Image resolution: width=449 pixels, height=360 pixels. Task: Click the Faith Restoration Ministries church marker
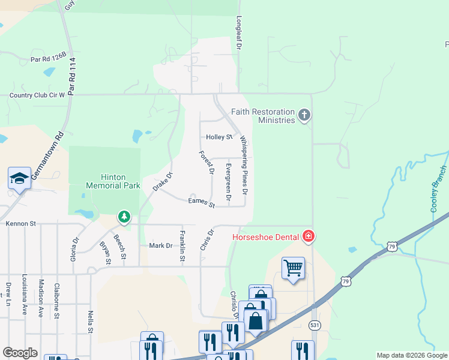click(305, 115)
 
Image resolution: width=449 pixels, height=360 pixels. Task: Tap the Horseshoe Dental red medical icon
click(309, 236)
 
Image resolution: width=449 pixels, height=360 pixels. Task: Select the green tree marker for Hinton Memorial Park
click(124, 216)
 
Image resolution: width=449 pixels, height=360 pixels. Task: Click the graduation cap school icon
click(19, 179)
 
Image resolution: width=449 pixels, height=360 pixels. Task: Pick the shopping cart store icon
click(293, 268)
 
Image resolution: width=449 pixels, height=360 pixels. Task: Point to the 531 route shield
click(315, 325)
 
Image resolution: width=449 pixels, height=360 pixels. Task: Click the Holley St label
click(219, 137)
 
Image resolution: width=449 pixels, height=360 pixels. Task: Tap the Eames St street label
click(201, 203)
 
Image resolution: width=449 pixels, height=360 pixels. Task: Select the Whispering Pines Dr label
click(244, 166)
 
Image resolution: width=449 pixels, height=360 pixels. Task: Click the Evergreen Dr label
click(228, 181)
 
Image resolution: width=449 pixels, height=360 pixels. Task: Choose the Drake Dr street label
click(162, 182)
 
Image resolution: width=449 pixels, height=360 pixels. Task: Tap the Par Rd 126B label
click(49, 59)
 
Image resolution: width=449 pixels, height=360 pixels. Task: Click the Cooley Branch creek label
click(439, 188)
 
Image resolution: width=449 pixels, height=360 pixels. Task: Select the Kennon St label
click(21, 224)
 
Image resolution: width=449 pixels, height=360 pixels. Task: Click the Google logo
click(20, 353)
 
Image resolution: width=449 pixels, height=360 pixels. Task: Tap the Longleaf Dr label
click(239, 32)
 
